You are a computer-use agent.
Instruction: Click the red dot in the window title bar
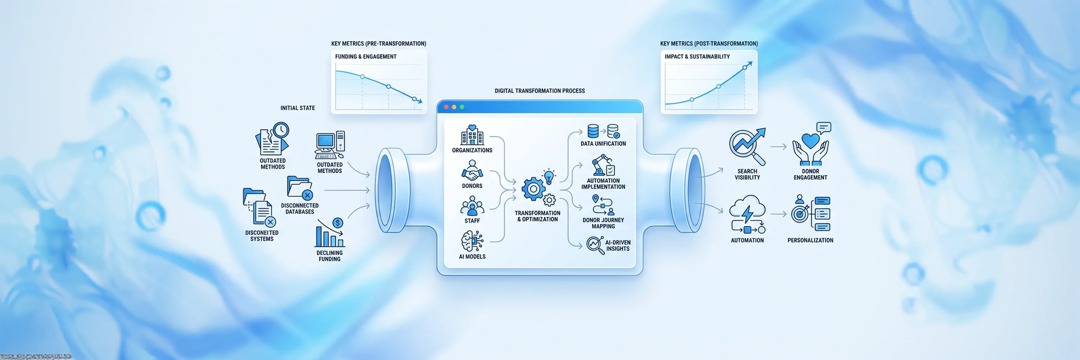pos(446,107)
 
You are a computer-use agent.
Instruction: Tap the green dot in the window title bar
pos(462,107)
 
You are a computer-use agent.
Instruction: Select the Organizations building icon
pos(472,135)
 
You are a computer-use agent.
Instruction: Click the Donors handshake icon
pos(472,171)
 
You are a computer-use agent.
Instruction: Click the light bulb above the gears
pos(549,176)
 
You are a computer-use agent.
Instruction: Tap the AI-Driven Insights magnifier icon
pos(594,244)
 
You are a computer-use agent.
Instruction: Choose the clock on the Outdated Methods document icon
pos(281,130)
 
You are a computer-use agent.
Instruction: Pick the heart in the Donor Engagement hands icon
pos(810,141)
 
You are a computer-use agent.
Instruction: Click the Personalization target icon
pos(800,214)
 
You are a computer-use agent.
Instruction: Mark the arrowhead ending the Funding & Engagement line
pos(420,102)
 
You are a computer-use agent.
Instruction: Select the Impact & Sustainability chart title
pos(697,57)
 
